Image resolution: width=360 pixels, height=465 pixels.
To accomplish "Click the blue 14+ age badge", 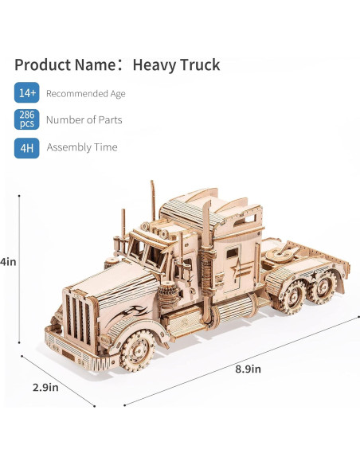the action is (27, 92).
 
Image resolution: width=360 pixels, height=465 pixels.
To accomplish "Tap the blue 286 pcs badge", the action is (27, 119).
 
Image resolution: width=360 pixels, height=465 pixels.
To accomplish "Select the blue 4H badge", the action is (27, 147).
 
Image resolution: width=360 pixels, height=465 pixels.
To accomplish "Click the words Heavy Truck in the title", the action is (176, 65).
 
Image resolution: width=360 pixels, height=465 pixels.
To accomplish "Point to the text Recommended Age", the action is (86, 94).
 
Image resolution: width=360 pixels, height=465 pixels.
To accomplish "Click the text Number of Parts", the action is (84, 119).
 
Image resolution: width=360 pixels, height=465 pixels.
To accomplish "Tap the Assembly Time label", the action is (82, 147).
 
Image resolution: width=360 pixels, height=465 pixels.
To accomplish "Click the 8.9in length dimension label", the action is (248, 369).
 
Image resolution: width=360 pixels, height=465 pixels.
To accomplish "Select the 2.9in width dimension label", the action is (45, 388).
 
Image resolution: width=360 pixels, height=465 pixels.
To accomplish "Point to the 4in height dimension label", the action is (8, 262).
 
